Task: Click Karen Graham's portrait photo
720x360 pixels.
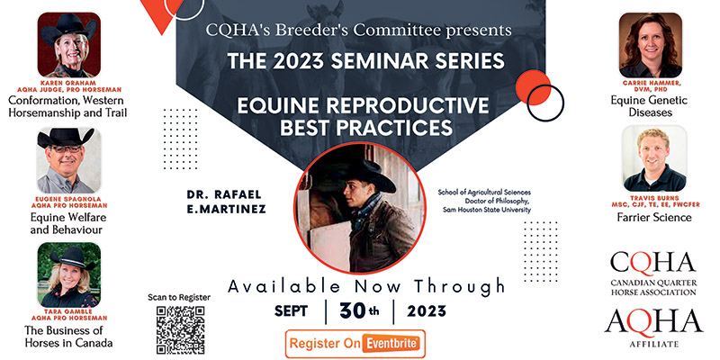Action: click(68, 44)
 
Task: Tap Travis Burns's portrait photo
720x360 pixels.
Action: click(651, 159)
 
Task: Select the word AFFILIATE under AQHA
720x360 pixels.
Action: click(652, 343)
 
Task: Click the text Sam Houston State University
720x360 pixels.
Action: click(486, 210)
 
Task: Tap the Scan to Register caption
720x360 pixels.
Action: click(179, 297)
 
